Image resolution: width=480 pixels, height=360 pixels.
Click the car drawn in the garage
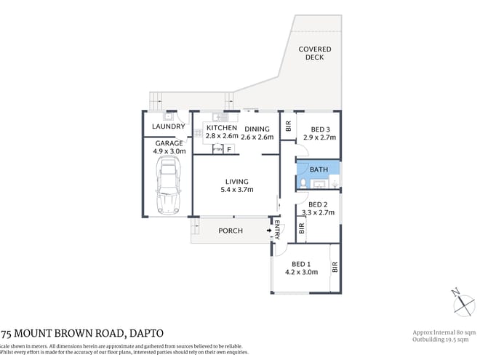[167, 188]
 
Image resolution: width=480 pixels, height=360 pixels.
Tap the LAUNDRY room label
[167, 127]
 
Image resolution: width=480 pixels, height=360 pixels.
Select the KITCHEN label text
[221, 128]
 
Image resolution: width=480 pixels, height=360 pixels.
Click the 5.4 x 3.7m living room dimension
[236, 190]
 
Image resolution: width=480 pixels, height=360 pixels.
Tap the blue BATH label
[319, 169]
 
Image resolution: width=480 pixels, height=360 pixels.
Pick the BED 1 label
[301, 264]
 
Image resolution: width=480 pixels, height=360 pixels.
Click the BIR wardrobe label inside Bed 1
[335, 267]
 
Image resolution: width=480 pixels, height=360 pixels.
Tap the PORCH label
[231, 231]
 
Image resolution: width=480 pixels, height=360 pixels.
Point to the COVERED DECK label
[315, 54]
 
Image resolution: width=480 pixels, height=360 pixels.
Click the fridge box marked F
[229, 149]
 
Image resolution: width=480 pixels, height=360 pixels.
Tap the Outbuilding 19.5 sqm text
[441, 338]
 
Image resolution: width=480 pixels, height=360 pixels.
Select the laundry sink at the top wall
[168, 115]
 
